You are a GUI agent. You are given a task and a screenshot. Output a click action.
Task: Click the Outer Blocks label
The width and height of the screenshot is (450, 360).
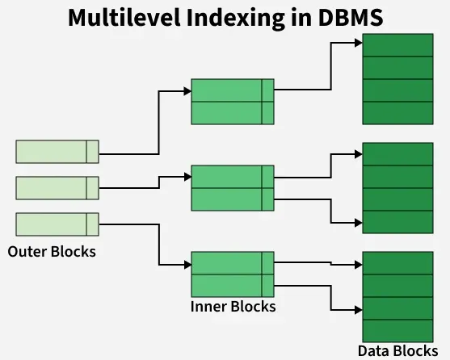tap(52, 251)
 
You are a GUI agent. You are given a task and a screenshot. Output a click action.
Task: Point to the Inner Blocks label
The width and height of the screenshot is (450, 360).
tap(233, 307)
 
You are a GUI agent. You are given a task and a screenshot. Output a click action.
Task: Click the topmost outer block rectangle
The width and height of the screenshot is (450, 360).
tap(57, 151)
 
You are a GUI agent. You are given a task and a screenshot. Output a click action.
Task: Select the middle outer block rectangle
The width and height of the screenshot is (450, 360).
tap(57, 188)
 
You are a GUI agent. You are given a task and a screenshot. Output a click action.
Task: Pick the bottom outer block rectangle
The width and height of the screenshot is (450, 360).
tap(57, 224)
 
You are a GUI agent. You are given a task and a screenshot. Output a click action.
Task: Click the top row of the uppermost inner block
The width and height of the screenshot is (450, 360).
tap(233, 90)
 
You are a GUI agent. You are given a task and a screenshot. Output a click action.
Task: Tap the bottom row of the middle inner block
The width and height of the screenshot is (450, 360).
tap(233, 199)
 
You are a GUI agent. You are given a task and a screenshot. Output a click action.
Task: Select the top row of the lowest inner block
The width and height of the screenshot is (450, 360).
tap(233, 263)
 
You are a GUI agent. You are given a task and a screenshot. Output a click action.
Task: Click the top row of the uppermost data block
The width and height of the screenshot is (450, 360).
tap(397, 45)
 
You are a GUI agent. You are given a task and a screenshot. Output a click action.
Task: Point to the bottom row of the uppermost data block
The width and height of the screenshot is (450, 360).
tap(397, 112)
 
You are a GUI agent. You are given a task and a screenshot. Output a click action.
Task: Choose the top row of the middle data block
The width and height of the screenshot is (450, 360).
tap(397, 154)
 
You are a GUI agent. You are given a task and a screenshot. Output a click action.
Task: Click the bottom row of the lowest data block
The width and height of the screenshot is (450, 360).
tap(397, 329)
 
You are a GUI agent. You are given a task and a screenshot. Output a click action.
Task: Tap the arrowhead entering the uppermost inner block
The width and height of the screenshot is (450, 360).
tap(187, 90)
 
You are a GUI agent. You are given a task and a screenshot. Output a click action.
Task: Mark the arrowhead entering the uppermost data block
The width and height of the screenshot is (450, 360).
tap(358, 45)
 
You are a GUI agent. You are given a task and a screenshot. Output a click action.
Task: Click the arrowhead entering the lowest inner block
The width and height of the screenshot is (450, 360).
tap(187, 264)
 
